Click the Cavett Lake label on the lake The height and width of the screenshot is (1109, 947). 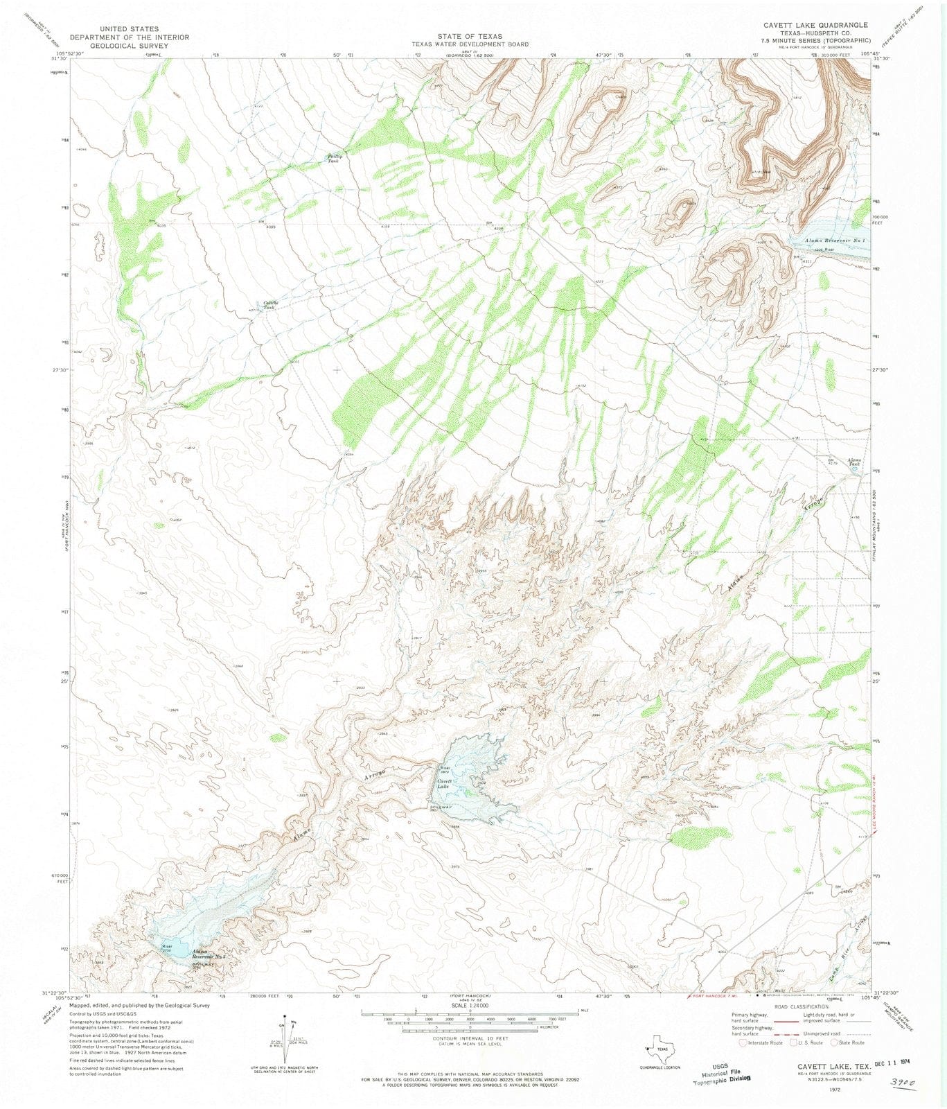[x=443, y=784]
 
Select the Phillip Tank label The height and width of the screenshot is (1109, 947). [x=335, y=158]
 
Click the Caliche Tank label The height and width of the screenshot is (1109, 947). [x=269, y=305]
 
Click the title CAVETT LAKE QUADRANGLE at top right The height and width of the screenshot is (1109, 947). [x=815, y=25]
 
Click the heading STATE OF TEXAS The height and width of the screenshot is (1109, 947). [x=469, y=36]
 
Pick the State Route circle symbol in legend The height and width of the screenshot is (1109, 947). [x=835, y=1042]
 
